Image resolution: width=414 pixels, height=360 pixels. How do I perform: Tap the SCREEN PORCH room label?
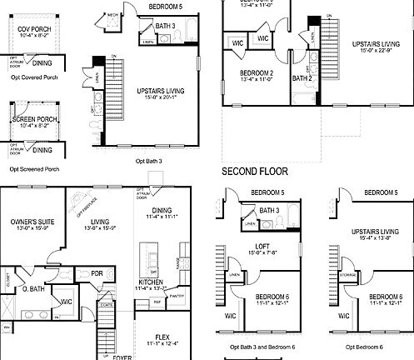point(34,119)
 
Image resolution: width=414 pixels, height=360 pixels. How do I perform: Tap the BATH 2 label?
point(302,78)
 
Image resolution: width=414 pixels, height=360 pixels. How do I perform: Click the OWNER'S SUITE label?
point(32,222)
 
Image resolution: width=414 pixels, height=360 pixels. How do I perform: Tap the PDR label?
point(97,273)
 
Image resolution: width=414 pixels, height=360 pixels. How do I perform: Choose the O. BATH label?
point(32,289)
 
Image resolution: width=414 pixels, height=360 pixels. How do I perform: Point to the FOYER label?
point(123,355)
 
